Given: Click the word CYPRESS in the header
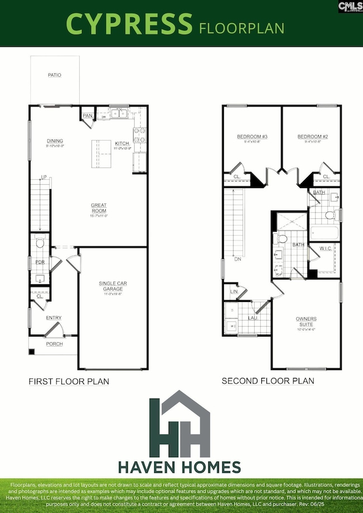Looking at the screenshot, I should [x=129, y=24].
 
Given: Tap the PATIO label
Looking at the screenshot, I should [x=54, y=75].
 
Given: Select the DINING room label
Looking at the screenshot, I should [x=55, y=141].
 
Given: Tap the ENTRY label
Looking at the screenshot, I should [x=54, y=318].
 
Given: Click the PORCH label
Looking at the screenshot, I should [x=54, y=344].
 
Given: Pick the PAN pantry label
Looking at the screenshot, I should [x=87, y=116].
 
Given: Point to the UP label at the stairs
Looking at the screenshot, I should [x=42, y=178].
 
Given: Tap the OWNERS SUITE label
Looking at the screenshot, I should [x=306, y=322].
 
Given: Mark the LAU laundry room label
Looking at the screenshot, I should [x=252, y=318].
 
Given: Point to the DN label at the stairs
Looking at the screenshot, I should [x=237, y=259].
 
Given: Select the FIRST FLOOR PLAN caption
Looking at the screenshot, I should [x=69, y=382].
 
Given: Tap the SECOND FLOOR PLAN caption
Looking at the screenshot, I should [x=268, y=381].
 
